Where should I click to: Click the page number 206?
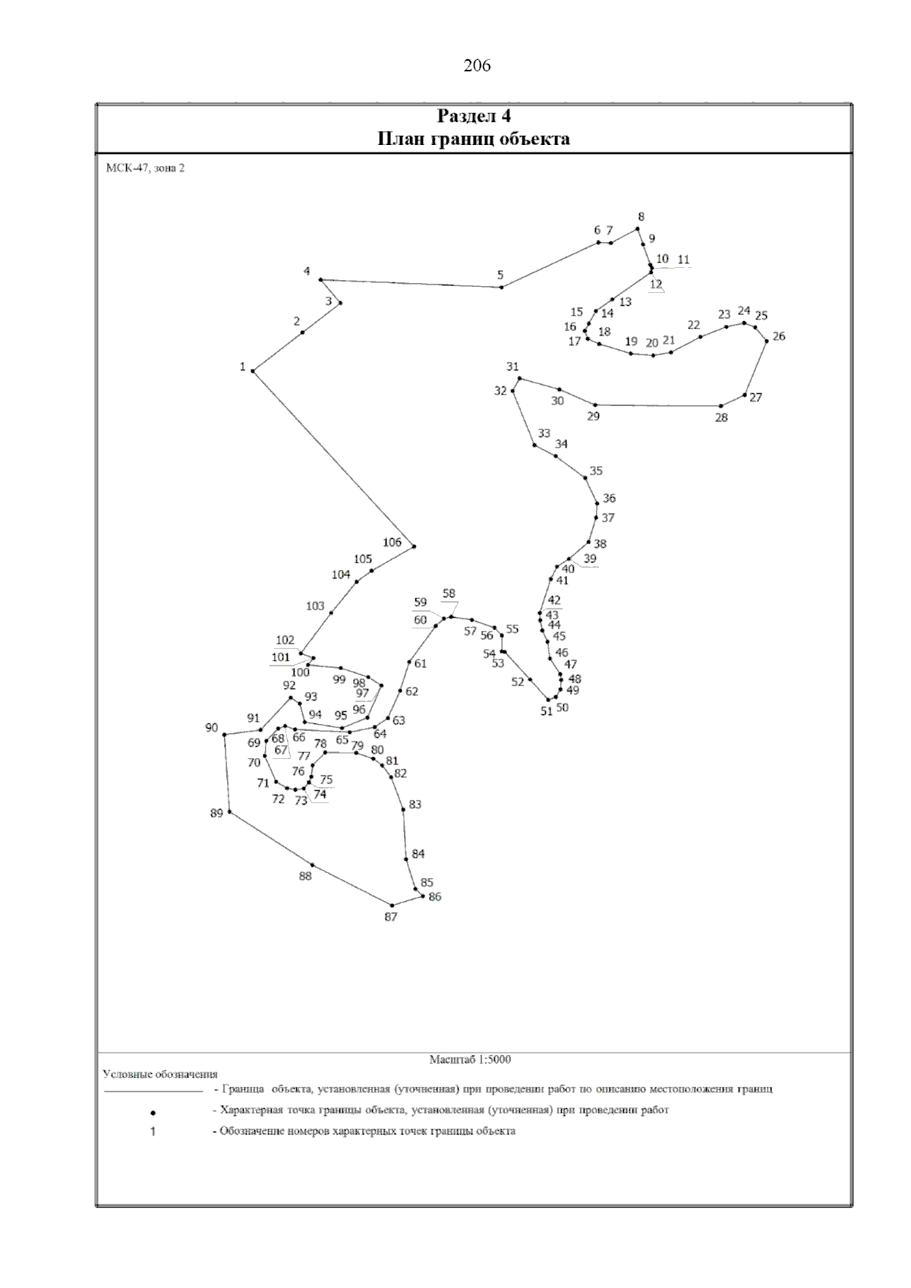[477, 67]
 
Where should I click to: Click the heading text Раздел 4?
[474, 116]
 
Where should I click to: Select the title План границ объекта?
[473, 139]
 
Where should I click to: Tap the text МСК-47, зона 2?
[146, 168]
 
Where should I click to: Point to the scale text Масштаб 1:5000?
[470, 1059]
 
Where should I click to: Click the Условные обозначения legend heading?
[160, 1074]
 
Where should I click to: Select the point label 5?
[500, 275]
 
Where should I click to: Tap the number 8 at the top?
[641, 217]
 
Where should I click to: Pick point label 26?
[779, 336]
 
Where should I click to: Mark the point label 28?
[721, 418]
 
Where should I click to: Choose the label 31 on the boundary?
[512, 367]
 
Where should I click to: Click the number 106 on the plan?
[392, 542]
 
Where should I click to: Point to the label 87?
[391, 917]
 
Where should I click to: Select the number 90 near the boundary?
[212, 728]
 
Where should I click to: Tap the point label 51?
[547, 711]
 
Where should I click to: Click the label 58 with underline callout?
[449, 594]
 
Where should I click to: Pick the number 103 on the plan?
[315, 606]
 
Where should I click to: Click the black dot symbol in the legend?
[153, 1112]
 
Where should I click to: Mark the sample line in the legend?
[153, 1091]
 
